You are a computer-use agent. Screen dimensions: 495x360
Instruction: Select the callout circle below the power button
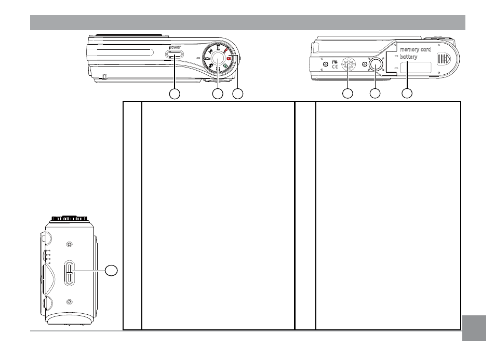pyautogui.click(x=175, y=94)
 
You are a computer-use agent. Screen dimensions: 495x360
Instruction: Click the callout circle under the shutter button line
pyautogui.click(x=218, y=94)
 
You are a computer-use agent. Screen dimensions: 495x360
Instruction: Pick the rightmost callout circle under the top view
pyautogui.click(x=237, y=94)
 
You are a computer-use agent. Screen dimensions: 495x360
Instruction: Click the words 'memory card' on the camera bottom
pyautogui.click(x=416, y=49)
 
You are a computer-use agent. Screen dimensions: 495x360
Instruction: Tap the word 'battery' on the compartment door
pyautogui.click(x=409, y=57)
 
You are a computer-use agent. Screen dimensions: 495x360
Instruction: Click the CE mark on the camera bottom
pyautogui.click(x=335, y=66)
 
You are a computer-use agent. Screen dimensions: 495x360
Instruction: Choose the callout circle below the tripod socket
pyautogui.click(x=374, y=94)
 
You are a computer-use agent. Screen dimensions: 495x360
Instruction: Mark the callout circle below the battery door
pyautogui.click(x=408, y=94)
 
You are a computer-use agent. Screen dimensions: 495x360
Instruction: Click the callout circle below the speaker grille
pyautogui.click(x=347, y=94)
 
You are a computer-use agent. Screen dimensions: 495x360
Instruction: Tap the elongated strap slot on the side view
pyautogui.click(x=70, y=272)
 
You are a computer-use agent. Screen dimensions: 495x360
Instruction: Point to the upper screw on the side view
pyautogui.click(x=70, y=244)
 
